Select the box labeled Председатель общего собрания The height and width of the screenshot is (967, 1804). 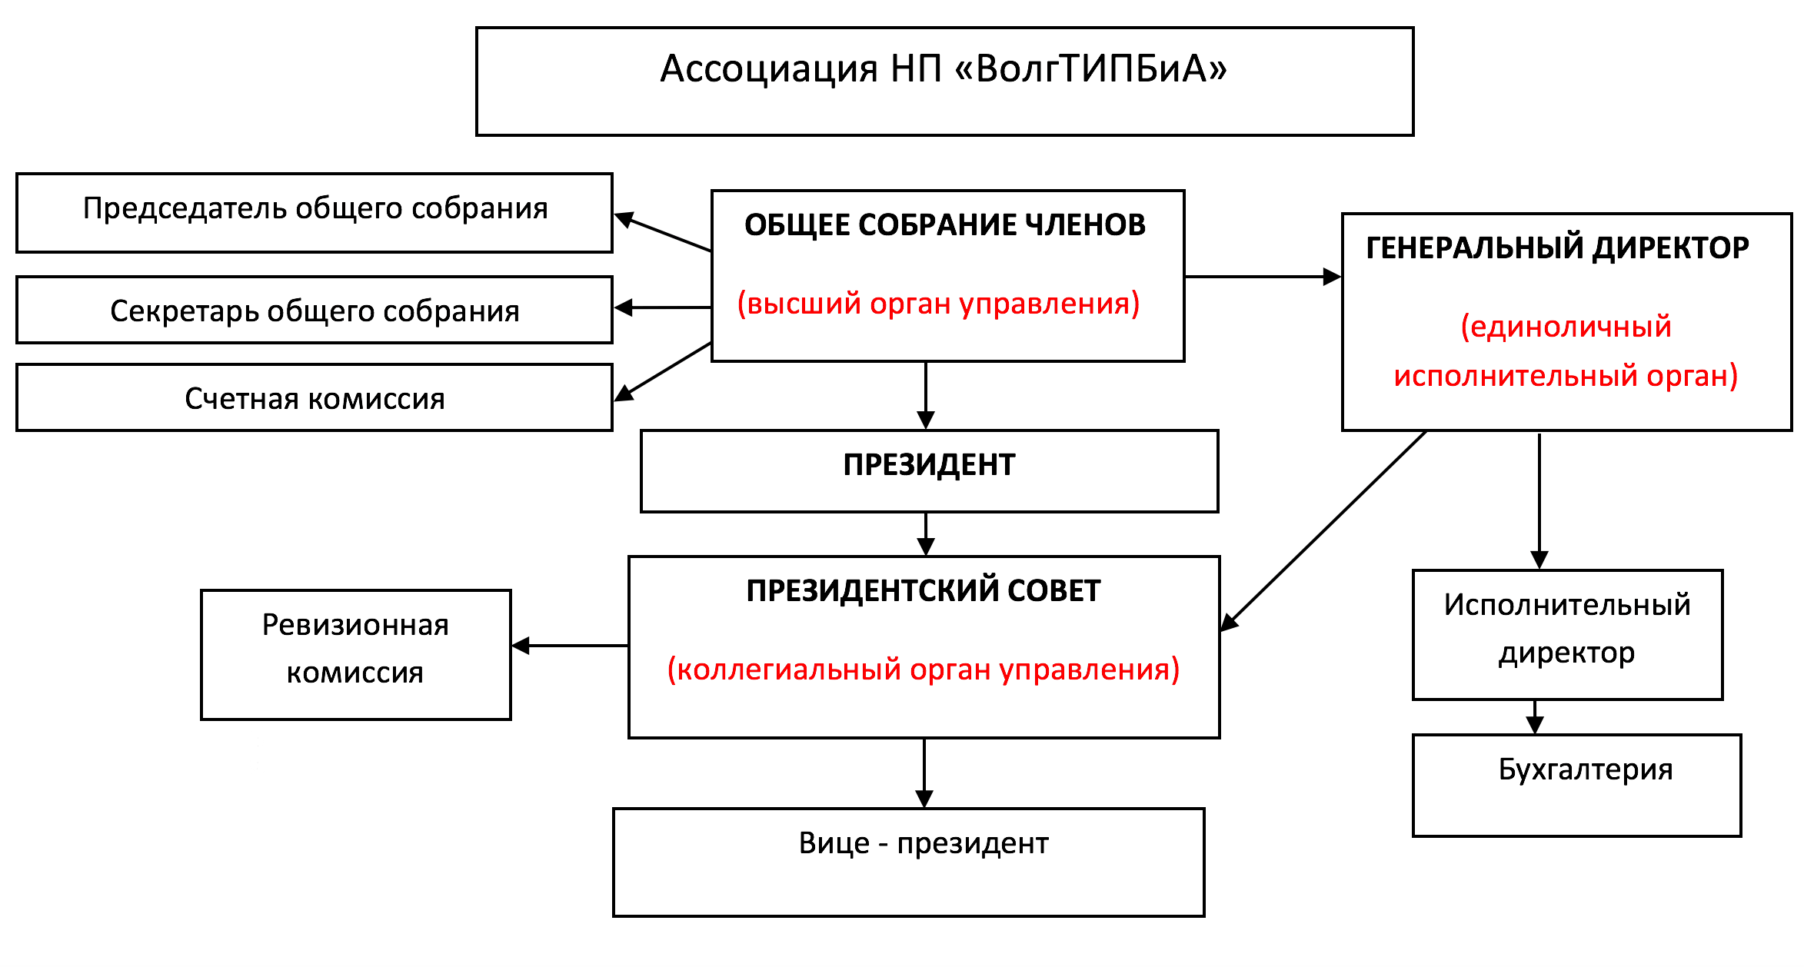(315, 212)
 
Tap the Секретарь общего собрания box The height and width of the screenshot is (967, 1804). (315, 310)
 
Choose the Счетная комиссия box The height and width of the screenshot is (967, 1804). (315, 397)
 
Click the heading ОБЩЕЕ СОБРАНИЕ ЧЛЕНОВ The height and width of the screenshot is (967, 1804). (945, 224)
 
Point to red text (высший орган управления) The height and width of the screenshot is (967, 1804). (938, 304)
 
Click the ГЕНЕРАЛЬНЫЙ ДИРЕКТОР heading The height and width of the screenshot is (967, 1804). (1557, 248)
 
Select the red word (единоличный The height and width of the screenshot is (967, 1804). (1566, 327)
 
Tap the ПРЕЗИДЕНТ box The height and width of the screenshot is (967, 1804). (929, 470)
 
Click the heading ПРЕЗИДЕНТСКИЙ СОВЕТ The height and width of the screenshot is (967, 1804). (924, 590)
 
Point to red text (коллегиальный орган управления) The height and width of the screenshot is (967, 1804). (924, 670)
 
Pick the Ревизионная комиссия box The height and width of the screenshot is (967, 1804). (355, 653)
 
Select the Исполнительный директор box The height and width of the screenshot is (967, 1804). (1567, 634)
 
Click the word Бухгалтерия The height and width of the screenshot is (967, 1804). (1586, 769)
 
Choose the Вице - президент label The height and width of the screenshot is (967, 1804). (924, 843)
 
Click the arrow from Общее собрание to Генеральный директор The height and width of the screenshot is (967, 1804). (1263, 277)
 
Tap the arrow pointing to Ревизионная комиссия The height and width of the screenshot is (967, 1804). (570, 646)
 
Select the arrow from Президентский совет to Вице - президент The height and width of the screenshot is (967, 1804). (924, 773)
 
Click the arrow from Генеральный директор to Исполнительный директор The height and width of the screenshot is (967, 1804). (1539, 500)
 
